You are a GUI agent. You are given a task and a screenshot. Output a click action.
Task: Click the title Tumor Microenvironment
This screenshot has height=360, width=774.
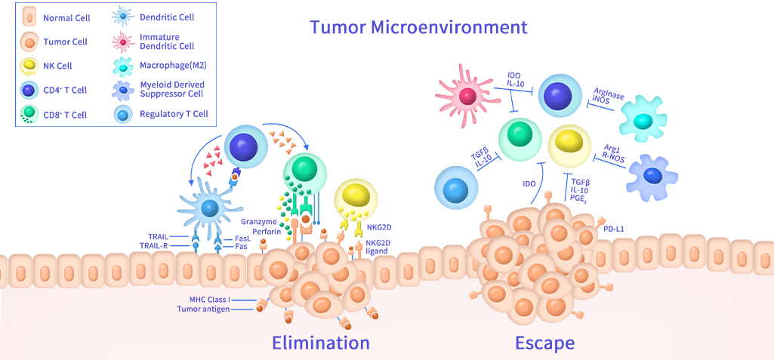(x=418, y=27)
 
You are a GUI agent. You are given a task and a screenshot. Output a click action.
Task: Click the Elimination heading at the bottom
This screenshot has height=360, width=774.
(x=321, y=343)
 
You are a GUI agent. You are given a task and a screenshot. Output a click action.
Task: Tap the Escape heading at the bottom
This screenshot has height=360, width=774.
(x=544, y=343)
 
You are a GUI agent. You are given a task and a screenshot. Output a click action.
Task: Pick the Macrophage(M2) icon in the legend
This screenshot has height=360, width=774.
(x=122, y=66)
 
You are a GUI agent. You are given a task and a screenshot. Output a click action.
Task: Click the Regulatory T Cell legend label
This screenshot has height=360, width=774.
(x=174, y=115)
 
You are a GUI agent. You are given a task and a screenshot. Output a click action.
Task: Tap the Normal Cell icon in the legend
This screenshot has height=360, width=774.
(x=29, y=17)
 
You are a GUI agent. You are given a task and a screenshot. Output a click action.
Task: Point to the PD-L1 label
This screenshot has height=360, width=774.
(x=613, y=227)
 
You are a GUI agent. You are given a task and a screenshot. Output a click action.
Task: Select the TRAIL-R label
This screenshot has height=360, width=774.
(x=156, y=246)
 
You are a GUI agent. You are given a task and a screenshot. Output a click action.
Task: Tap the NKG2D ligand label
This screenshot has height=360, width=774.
(x=381, y=247)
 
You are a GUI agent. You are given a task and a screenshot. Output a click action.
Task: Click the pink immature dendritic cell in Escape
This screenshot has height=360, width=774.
(x=467, y=96)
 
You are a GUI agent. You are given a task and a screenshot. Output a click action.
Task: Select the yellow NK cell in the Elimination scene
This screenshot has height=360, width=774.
(x=356, y=195)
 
